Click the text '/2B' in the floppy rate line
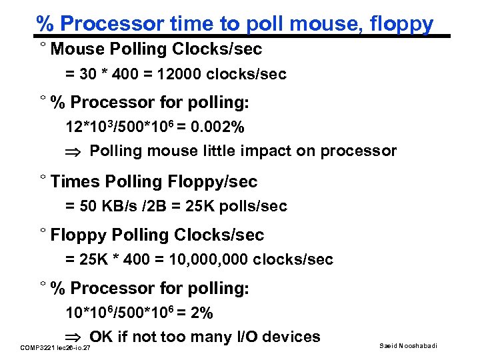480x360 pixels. pyautogui.click(x=145, y=206)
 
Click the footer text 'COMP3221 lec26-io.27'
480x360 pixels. pyautogui.click(x=56, y=348)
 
